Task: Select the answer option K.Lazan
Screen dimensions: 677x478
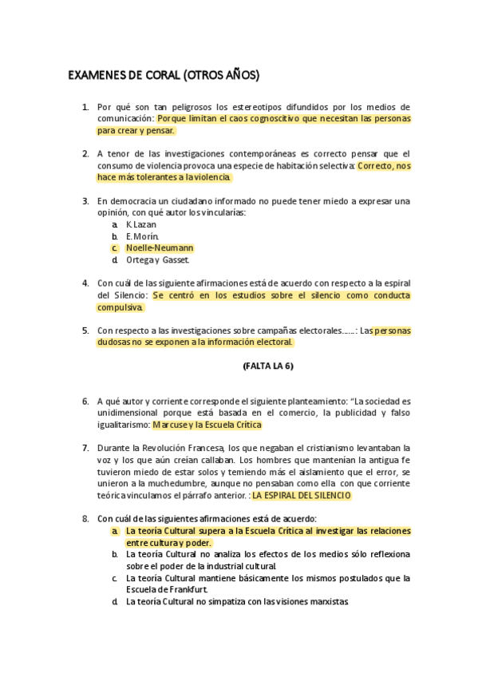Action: point(141,225)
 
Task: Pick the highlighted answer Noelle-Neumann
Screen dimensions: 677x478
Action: point(160,248)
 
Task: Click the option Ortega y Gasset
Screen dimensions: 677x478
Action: point(158,259)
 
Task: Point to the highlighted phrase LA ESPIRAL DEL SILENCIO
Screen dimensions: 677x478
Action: point(302,495)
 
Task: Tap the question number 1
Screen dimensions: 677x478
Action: point(85,107)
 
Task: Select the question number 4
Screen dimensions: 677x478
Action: point(85,283)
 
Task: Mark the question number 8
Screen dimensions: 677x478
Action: point(85,519)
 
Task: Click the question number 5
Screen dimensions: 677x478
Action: point(85,331)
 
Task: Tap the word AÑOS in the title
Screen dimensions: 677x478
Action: point(238,77)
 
